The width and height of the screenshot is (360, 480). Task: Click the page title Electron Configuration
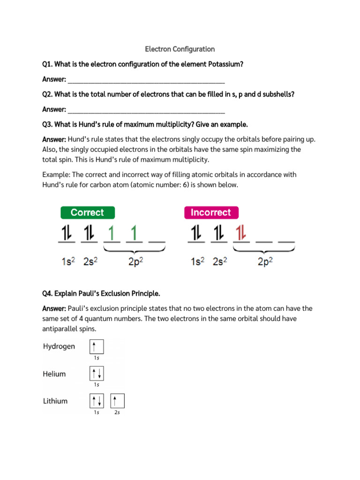click(180, 49)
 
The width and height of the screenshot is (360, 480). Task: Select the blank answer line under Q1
click(146, 80)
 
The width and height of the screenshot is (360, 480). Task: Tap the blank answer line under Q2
click(146, 110)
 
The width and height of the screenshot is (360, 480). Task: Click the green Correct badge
click(87, 212)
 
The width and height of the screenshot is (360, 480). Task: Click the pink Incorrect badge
click(211, 212)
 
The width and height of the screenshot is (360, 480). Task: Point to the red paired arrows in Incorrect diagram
click(240, 233)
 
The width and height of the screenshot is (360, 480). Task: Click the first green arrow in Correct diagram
click(112, 233)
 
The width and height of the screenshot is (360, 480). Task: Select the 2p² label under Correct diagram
click(135, 262)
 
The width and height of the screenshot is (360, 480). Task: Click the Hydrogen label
click(59, 346)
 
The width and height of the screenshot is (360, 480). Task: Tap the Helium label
click(54, 374)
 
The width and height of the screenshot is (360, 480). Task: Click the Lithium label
click(55, 401)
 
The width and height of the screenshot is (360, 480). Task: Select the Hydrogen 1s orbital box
click(96, 347)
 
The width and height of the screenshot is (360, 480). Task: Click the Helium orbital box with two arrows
click(96, 374)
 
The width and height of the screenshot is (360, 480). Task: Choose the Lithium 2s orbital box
click(117, 401)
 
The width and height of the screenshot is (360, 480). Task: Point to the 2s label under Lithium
click(117, 412)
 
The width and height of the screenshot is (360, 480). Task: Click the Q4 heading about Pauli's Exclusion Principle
click(101, 294)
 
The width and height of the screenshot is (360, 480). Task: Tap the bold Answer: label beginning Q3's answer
click(54, 139)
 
